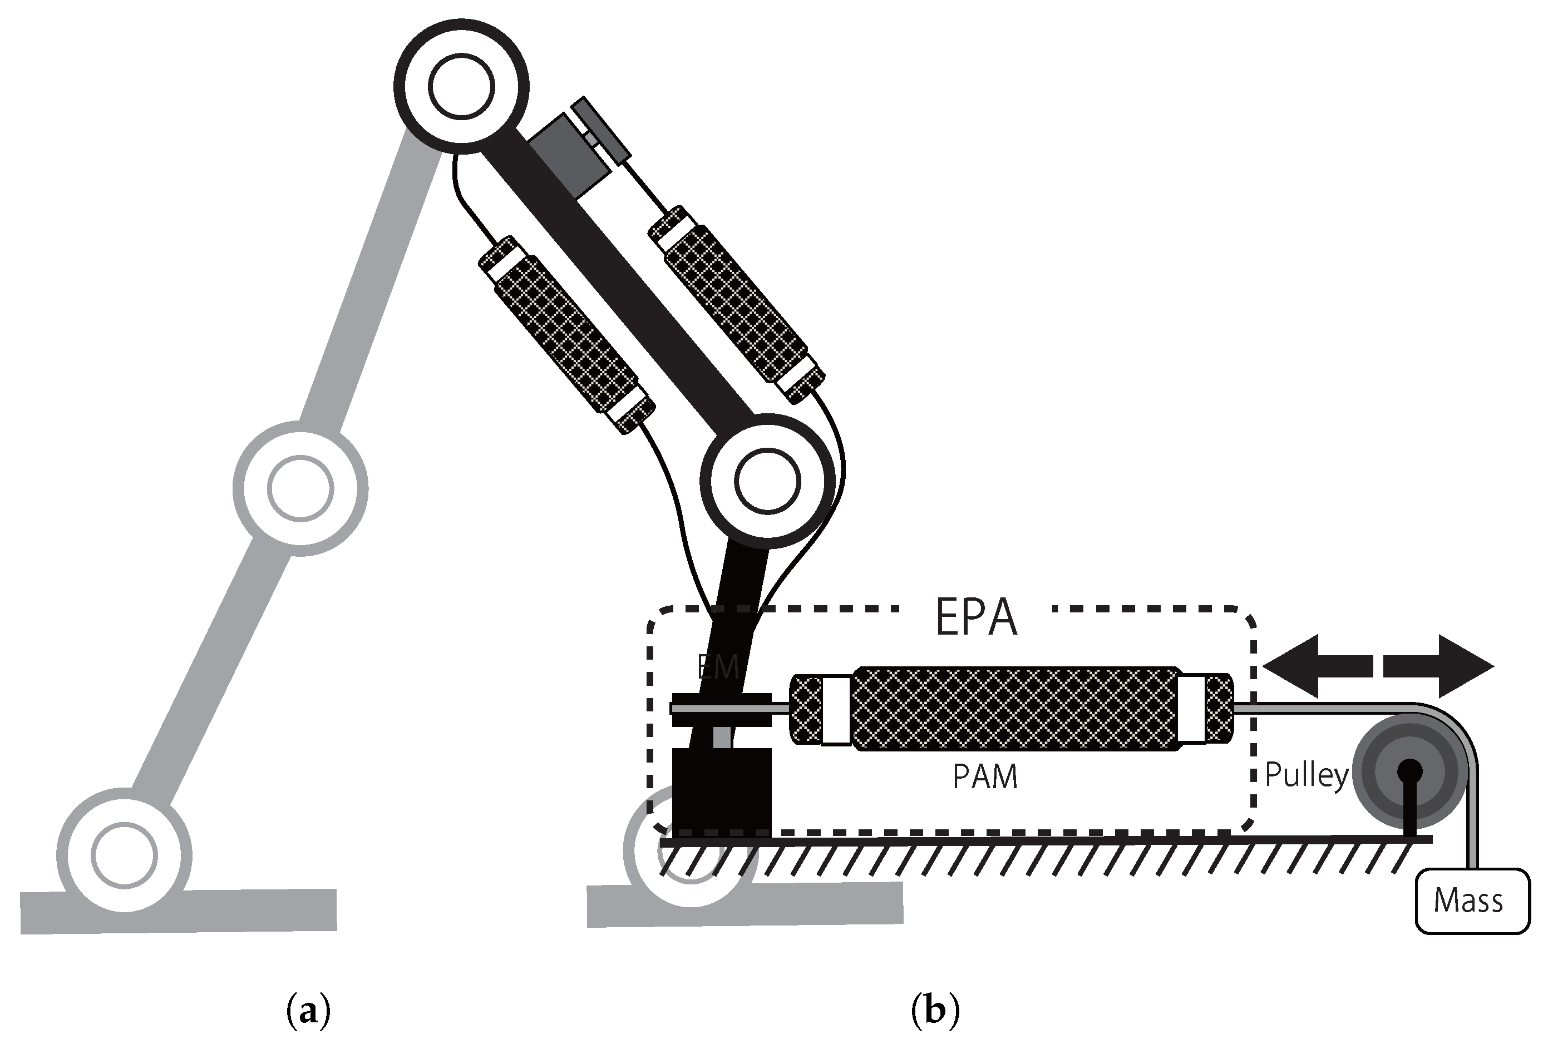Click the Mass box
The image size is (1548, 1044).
1471,901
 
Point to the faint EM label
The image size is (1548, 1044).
718,667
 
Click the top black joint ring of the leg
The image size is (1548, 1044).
461,87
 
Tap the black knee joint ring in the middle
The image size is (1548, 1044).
767,481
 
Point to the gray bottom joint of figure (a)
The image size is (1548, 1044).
124,855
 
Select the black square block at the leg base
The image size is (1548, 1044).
721,793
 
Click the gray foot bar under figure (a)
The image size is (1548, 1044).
179,911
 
